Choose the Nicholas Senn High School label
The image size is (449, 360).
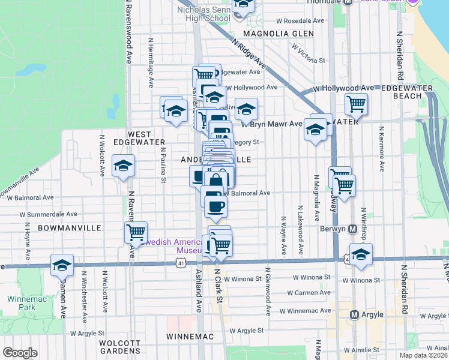coord(204,14)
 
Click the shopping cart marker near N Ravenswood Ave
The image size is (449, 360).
coord(136,232)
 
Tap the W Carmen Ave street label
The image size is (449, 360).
coord(309,293)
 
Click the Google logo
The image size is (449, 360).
coord(20,353)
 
